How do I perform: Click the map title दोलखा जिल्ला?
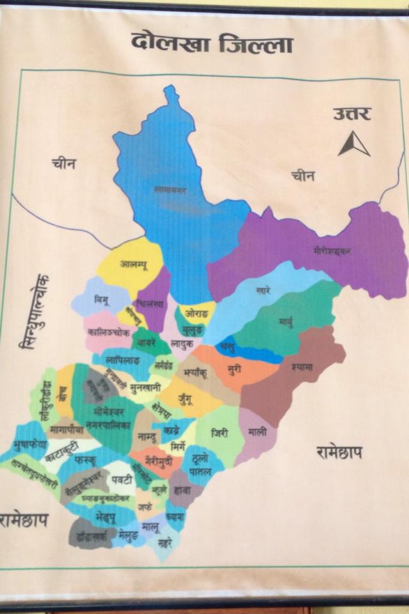(212, 43)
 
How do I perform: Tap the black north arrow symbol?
(354, 144)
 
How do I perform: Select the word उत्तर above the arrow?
(351, 114)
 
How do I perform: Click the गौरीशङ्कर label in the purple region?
(332, 250)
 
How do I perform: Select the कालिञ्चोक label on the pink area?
(109, 333)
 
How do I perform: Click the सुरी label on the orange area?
(235, 370)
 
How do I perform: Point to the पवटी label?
(121, 479)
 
